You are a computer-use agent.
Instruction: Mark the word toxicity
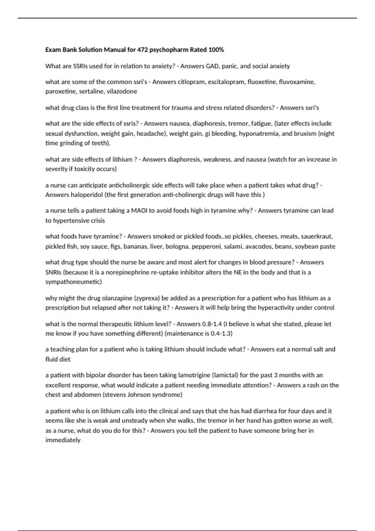click(x=87, y=169)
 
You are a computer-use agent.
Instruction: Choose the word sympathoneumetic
click(x=73, y=282)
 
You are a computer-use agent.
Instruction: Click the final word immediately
click(x=63, y=440)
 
